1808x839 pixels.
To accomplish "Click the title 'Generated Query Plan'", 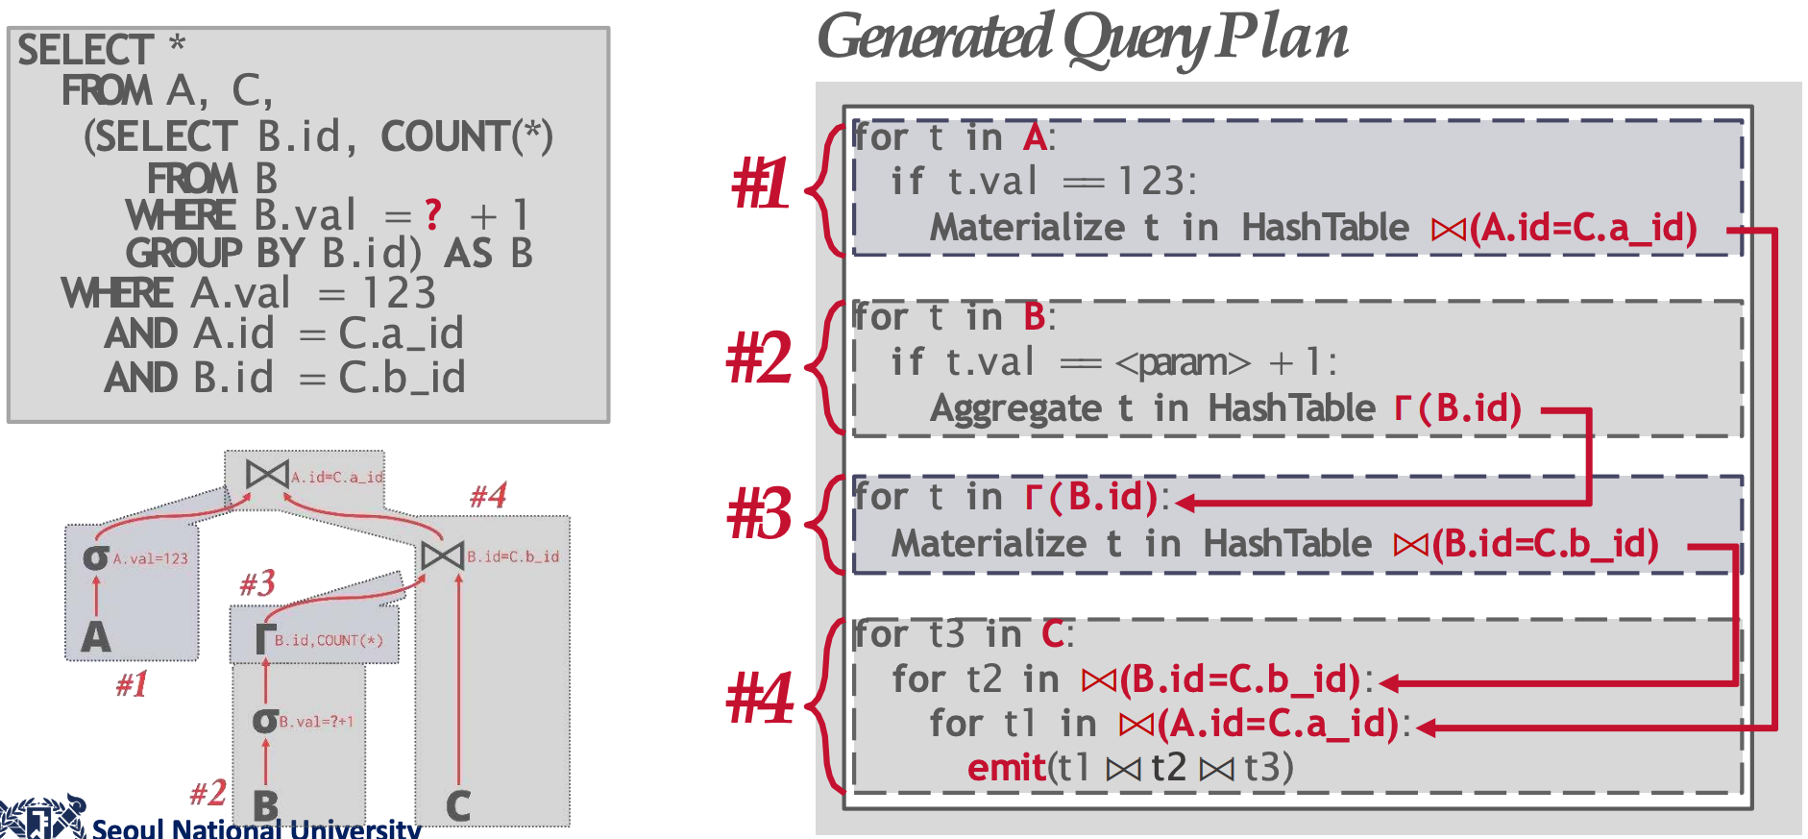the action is [x=1083, y=38].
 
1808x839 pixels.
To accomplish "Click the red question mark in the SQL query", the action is [x=433, y=214].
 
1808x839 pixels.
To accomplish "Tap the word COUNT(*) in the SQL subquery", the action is [x=467, y=136].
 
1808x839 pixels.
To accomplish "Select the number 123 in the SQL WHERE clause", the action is [x=400, y=292].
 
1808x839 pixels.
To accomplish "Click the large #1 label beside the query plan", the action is [x=760, y=184].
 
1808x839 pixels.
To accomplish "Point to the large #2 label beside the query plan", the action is [x=759, y=358].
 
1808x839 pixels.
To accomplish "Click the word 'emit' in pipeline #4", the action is [x=1006, y=768].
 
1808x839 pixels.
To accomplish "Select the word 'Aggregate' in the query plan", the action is [x=1015, y=408].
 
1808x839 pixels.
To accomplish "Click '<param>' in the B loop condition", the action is [x=1183, y=362].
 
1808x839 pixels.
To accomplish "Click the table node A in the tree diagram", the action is [x=95, y=637].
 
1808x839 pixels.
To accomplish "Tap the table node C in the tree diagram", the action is [x=458, y=805].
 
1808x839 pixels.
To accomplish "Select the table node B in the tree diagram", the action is [x=266, y=805].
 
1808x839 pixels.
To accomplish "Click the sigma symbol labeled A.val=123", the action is [x=96, y=556].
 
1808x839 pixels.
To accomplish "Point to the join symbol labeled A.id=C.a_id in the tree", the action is [x=267, y=474].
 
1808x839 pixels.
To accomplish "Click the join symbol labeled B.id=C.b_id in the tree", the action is [x=443, y=555].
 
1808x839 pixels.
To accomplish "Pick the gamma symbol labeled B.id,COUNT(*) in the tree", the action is [x=265, y=638].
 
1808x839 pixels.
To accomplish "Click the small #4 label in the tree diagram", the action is [x=488, y=496].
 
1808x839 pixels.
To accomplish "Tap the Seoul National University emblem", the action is [x=43, y=818].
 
